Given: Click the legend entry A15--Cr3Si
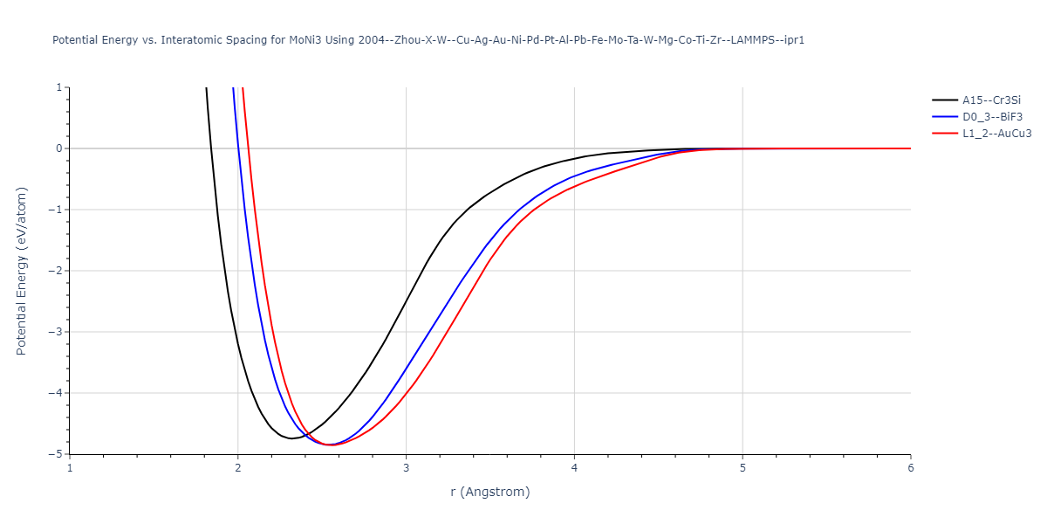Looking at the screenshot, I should (990, 100).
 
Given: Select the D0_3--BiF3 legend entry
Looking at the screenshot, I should (991, 116).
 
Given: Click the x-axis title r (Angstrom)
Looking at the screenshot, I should (489, 492).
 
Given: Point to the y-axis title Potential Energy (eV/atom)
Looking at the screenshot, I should (22, 271).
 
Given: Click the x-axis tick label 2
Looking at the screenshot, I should (237, 468).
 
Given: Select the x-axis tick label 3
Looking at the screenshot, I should (406, 468).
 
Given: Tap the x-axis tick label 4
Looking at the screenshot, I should (574, 468).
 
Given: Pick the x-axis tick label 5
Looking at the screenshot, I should (742, 468).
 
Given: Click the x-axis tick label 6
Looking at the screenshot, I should (910, 468).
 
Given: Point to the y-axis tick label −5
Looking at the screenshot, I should (56, 454).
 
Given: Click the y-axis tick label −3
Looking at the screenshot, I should (56, 332).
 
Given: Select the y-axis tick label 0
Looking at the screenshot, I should (59, 148).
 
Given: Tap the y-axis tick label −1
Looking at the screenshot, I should (56, 210).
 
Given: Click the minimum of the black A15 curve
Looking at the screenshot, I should (292, 438).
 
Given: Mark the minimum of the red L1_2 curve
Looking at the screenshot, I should (332, 445).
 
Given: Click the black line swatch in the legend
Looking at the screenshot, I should (944, 100).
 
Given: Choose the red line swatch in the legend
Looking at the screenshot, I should (944, 134).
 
